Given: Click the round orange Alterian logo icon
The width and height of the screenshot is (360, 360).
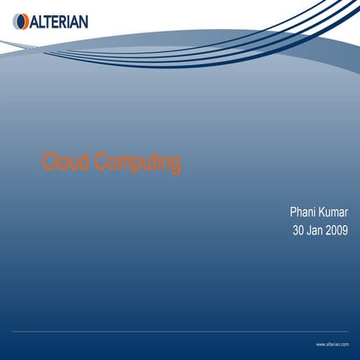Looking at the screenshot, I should click(21, 22).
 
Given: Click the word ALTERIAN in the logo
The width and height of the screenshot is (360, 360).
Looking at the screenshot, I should click(59, 22).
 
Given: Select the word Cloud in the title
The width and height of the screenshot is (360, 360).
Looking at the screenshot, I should click(61, 161).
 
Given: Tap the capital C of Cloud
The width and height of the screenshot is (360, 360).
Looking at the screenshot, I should click(47, 161).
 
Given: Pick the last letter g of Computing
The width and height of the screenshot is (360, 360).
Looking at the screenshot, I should click(175, 164).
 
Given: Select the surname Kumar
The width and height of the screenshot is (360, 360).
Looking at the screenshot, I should click(331, 212).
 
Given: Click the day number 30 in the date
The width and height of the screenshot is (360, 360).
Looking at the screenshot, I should click(298, 231).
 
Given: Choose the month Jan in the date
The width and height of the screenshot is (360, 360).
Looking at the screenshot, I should click(316, 231).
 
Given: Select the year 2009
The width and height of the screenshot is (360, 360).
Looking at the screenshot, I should click(337, 231).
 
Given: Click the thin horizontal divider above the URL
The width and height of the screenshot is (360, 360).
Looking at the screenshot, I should click(180, 331).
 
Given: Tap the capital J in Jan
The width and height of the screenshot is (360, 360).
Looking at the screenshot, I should click(310, 231).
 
